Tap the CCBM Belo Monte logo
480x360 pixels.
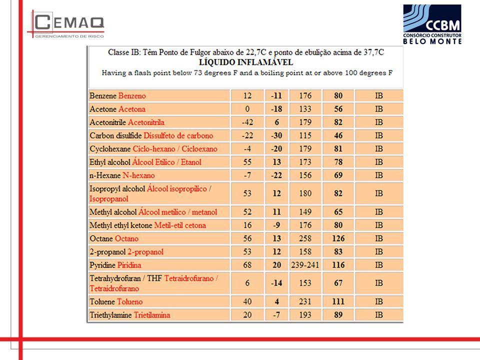432,24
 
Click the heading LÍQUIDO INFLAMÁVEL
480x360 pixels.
246,62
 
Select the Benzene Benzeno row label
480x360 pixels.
117,96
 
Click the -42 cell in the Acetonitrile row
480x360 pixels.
247,122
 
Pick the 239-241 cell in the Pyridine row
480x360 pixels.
305,265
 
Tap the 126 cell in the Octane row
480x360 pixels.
338,238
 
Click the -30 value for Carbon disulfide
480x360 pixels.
276,135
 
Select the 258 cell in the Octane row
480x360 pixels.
305,238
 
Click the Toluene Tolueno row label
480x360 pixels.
116,302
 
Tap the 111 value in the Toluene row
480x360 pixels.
338,302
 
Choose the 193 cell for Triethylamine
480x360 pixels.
305,315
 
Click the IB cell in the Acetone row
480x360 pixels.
379,109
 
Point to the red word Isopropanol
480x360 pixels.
108,199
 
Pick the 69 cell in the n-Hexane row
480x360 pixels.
338,175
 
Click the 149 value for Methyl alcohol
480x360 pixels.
305,212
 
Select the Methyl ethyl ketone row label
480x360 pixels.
147,225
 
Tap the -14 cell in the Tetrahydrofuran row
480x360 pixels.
276,283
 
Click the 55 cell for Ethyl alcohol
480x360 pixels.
247,162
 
